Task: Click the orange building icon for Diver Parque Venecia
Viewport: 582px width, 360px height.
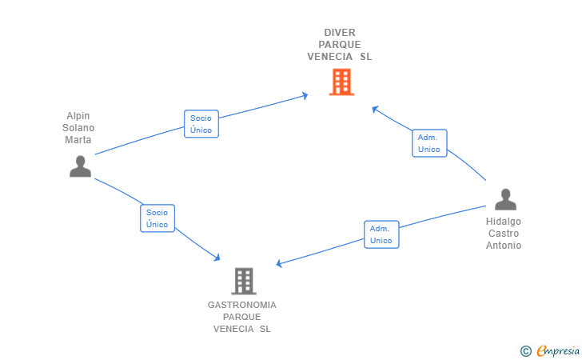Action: click(341, 82)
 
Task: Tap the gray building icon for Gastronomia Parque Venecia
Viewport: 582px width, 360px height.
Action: click(244, 281)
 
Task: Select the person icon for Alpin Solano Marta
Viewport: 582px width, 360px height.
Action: click(80, 166)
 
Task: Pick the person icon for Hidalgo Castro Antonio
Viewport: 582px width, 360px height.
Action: click(505, 199)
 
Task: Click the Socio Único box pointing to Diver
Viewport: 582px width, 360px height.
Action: click(201, 124)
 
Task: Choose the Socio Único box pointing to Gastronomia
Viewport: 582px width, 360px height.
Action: click(157, 218)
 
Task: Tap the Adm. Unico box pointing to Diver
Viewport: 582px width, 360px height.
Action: click(429, 143)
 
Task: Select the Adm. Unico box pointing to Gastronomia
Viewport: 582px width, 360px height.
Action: click(381, 234)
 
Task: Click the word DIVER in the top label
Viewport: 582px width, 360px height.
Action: click(340, 33)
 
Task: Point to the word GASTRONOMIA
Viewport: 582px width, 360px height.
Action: click(242, 305)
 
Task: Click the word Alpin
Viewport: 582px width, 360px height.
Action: click(78, 116)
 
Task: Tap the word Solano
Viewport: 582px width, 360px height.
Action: click(78, 128)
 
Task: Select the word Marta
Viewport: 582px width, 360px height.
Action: click(78, 140)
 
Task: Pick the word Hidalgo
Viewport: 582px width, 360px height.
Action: click(504, 222)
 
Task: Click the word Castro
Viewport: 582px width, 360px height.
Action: click(504, 234)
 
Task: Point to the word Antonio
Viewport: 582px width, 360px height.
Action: click(504, 246)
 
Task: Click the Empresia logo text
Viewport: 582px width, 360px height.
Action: click(558, 350)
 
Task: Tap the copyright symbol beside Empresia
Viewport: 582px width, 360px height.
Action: click(525, 351)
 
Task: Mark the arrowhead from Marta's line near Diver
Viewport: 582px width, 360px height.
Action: click(305, 95)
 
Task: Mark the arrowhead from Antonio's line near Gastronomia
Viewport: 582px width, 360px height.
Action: click(279, 263)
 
